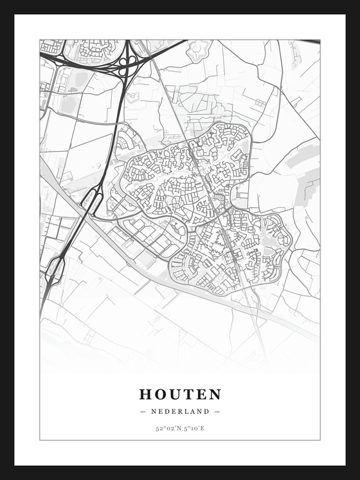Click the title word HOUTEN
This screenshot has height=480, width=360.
click(x=180, y=394)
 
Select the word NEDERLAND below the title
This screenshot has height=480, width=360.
click(x=180, y=411)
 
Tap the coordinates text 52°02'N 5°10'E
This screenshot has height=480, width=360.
click(x=180, y=428)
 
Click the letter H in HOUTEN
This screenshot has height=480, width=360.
click(x=145, y=394)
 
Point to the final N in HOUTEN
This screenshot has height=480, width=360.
click(x=215, y=394)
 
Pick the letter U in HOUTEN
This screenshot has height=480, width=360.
click(x=174, y=394)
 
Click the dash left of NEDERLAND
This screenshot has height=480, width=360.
click(x=142, y=411)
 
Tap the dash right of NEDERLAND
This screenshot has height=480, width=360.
click(x=217, y=411)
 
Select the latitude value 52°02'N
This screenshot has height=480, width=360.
click(x=166, y=428)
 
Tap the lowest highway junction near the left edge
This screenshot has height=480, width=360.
click(x=55, y=269)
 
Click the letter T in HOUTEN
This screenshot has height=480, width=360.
click(x=187, y=394)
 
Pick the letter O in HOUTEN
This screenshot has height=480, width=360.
click(x=159, y=394)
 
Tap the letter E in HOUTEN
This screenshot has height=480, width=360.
click(x=200, y=394)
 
